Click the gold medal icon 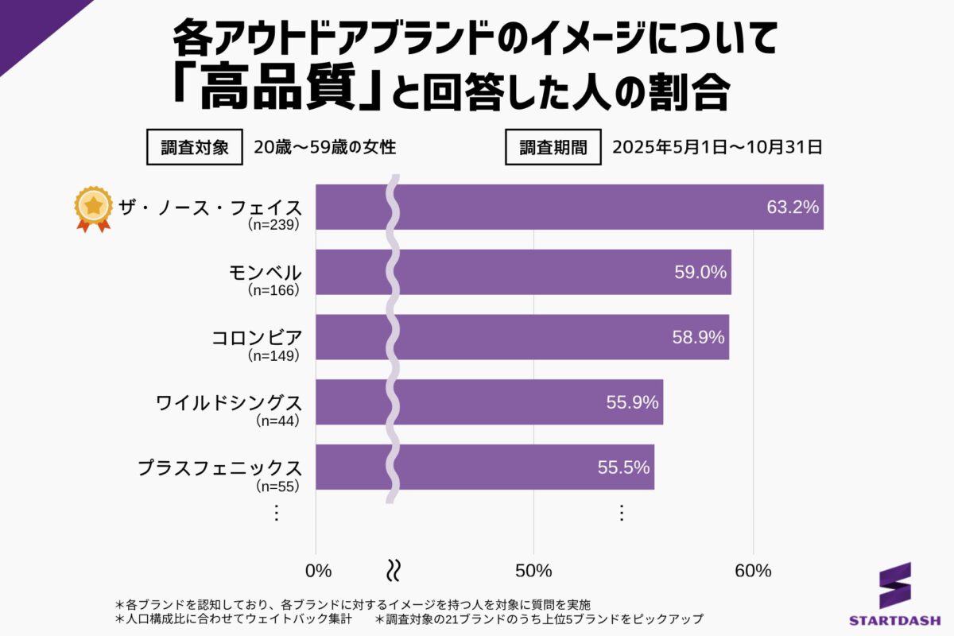(x=94, y=208)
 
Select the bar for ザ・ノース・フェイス (x=569, y=207)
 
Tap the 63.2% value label (x=792, y=207)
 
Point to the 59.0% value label (x=700, y=273)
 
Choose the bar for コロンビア (x=522, y=337)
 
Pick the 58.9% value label (x=699, y=337)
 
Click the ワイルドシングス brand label (x=228, y=403)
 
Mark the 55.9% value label (x=632, y=402)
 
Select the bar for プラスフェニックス (x=485, y=467)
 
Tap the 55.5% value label (x=624, y=467)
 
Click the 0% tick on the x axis (x=318, y=571)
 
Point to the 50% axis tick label (x=533, y=571)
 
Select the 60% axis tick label (x=752, y=571)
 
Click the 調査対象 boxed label (x=195, y=147)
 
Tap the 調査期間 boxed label (x=553, y=147)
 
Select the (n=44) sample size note (x=278, y=421)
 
